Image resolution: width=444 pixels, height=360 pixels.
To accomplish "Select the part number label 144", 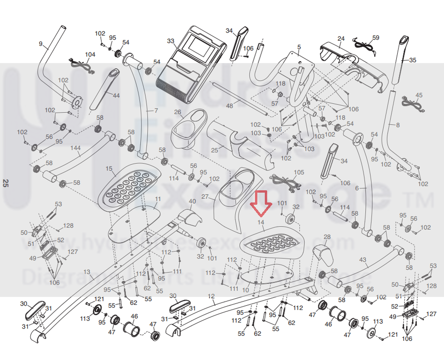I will [75, 148].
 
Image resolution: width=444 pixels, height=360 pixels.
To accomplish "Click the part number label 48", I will [229, 106].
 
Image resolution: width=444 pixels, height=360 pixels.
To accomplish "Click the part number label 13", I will [86, 272].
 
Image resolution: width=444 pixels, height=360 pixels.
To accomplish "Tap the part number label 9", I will [41, 44].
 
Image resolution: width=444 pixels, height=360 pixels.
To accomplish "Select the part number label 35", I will [412, 60].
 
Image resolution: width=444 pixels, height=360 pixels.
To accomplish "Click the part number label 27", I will [205, 197].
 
